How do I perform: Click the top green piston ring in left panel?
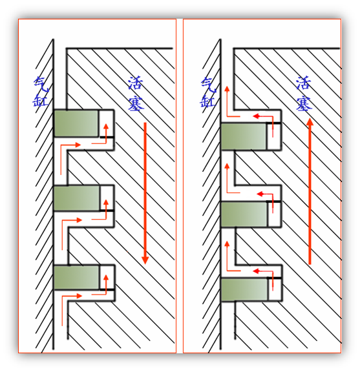(x=76, y=123)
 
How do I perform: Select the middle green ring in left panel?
(x=76, y=198)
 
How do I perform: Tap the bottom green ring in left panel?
(x=76, y=277)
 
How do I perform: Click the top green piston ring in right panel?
(x=244, y=136)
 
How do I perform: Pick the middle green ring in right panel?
(x=244, y=214)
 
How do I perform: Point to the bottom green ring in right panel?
(x=244, y=290)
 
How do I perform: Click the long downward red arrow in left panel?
(x=145, y=193)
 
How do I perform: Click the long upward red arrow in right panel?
(x=310, y=191)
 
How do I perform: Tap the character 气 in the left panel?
(x=41, y=85)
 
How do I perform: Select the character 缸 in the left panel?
(x=40, y=100)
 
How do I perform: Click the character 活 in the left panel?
(x=136, y=83)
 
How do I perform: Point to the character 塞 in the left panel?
(x=136, y=103)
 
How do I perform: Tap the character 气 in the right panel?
(x=209, y=85)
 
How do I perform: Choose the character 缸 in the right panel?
(x=207, y=101)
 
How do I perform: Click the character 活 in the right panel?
(x=304, y=83)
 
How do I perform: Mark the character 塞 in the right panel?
(x=304, y=103)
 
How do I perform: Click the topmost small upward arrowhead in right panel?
(x=227, y=88)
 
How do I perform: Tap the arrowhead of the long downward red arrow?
(x=145, y=260)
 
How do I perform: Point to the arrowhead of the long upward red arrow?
(x=310, y=122)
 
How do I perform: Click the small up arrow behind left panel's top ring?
(x=106, y=134)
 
